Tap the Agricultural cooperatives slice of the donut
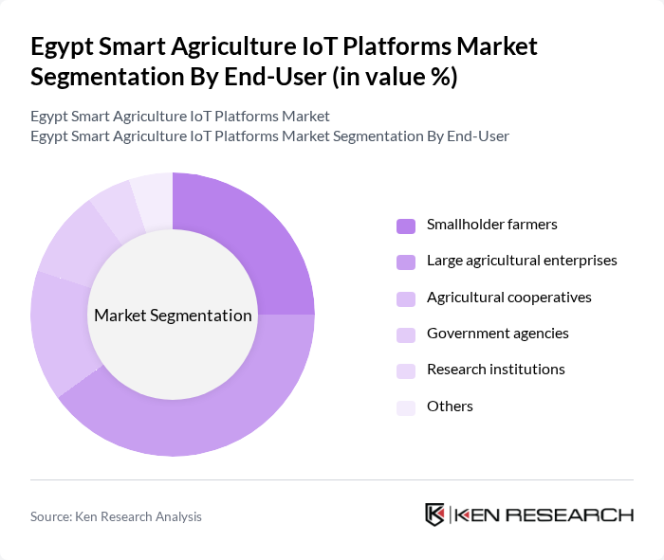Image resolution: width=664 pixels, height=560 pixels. (x=58, y=332)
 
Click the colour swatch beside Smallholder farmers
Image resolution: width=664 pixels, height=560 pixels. (x=405, y=226)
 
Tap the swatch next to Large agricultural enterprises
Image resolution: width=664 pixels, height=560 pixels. (x=405, y=262)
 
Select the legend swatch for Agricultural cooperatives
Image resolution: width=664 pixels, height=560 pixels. (x=405, y=298)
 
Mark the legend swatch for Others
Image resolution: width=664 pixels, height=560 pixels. (x=405, y=407)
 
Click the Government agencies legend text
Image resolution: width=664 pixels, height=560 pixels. (x=497, y=334)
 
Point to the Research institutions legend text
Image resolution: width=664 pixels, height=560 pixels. (x=495, y=370)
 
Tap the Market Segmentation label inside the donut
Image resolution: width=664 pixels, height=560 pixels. (x=173, y=316)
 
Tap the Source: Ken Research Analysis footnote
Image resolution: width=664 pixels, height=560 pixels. (x=116, y=516)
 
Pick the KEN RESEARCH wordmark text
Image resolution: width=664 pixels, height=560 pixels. (x=544, y=515)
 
